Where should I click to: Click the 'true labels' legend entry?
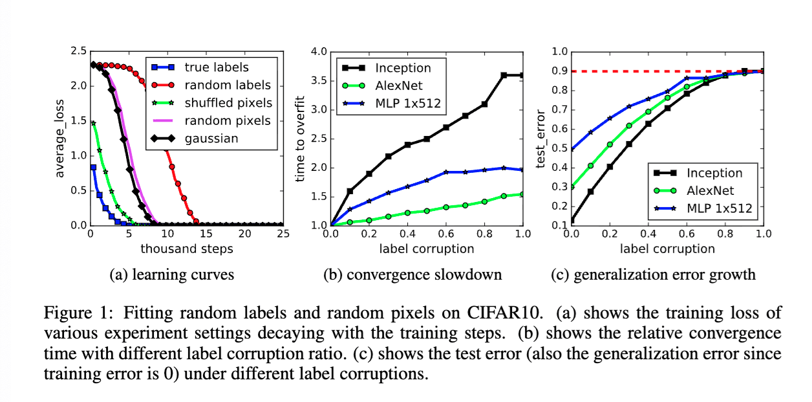click(216, 67)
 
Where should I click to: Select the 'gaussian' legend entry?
click(211, 139)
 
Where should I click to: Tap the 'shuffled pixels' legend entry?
click(228, 103)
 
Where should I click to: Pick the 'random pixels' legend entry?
click(227, 121)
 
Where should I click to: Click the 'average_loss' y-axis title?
click(60, 139)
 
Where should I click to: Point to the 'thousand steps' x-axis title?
click(187, 249)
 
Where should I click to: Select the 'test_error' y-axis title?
click(542, 139)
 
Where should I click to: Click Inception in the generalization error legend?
click(714, 173)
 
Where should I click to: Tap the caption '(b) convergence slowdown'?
click(412, 274)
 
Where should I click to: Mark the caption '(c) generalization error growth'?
click(653, 274)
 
